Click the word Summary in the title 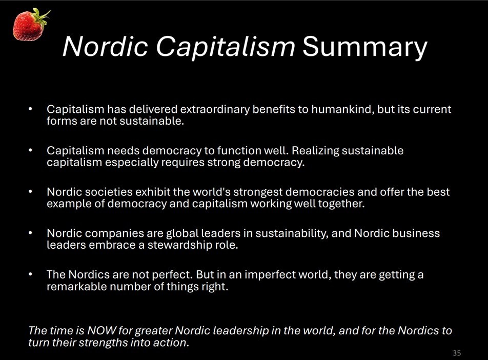[365, 47]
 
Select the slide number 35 [457, 353]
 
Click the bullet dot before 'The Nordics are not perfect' [30, 275]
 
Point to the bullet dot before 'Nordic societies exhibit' [30, 192]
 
